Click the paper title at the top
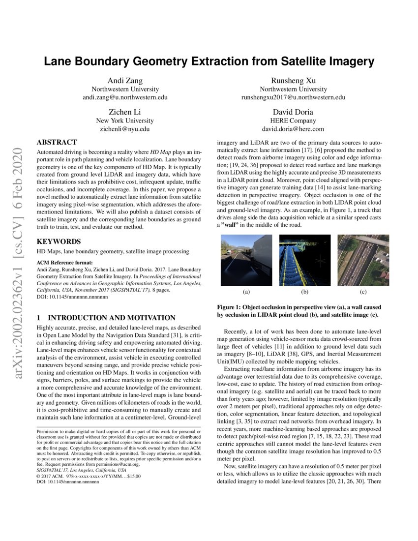[x=209, y=61]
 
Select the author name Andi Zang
[x=125, y=80]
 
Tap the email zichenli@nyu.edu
[x=125, y=129]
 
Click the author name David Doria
[x=293, y=112]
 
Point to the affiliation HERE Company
[x=293, y=120]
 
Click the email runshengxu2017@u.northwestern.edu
[x=293, y=98]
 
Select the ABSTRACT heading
[x=57, y=142]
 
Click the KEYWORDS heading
[x=59, y=241]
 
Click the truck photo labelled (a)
[x=246, y=260]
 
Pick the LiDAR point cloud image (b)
[x=304, y=260]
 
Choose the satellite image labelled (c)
[x=363, y=260]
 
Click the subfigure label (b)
[x=304, y=293]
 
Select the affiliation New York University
[x=125, y=120]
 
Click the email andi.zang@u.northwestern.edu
[x=125, y=98]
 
